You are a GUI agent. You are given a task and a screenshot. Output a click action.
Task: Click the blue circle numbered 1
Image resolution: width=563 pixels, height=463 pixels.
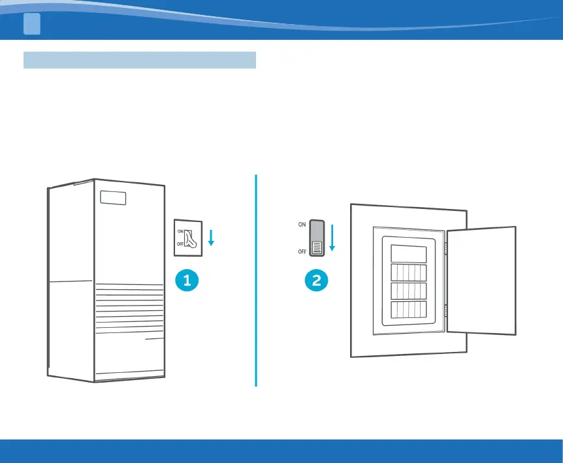click(x=187, y=281)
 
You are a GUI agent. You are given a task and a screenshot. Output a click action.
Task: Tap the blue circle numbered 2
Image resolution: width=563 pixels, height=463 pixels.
click(x=317, y=281)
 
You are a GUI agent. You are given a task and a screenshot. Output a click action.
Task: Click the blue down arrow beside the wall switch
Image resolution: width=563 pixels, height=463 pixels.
click(x=210, y=238)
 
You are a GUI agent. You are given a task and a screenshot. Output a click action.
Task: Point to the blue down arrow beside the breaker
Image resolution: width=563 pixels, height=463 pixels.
click(x=332, y=238)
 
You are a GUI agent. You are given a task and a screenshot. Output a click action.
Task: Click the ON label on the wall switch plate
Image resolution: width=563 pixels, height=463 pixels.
click(x=180, y=231)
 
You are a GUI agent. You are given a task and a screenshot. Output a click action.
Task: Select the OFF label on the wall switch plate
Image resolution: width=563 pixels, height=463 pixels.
click(x=180, y=245)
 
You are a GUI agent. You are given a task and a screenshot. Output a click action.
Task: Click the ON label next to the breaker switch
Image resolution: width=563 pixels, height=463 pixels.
click(x=302, y=224)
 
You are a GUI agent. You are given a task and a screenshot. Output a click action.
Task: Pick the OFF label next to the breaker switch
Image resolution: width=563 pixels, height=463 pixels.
click(x=302, y=251)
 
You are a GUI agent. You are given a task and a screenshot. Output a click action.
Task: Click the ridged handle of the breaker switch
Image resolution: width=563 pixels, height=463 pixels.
click(x=317, y=247)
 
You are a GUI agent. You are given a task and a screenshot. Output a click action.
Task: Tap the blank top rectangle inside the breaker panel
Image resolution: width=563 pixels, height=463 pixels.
click(x=408, y=254)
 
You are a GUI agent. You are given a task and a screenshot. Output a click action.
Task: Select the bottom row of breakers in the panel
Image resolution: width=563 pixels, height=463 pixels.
click(x=408, y=310)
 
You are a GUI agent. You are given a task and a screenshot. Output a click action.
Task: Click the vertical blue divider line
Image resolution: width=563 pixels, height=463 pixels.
click(x=256, y=281)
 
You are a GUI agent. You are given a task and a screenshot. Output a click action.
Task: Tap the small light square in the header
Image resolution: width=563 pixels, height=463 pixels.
click(x=32, y=24)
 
